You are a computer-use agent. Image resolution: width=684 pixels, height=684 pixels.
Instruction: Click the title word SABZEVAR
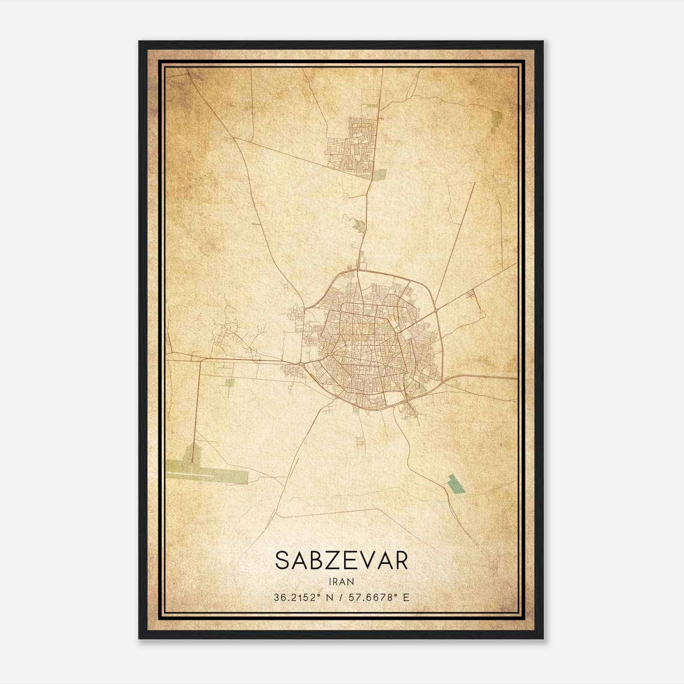point(342,560)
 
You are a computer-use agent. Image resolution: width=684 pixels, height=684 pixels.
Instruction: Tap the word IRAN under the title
point(342,581)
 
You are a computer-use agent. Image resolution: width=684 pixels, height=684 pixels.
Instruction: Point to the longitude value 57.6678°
point(373,597)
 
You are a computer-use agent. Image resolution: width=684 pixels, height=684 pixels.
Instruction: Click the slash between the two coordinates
point(340,597)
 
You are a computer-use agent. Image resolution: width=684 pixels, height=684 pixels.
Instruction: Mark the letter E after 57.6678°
point(406,597)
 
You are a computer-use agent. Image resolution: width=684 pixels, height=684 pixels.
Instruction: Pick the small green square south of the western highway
point(230,382)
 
